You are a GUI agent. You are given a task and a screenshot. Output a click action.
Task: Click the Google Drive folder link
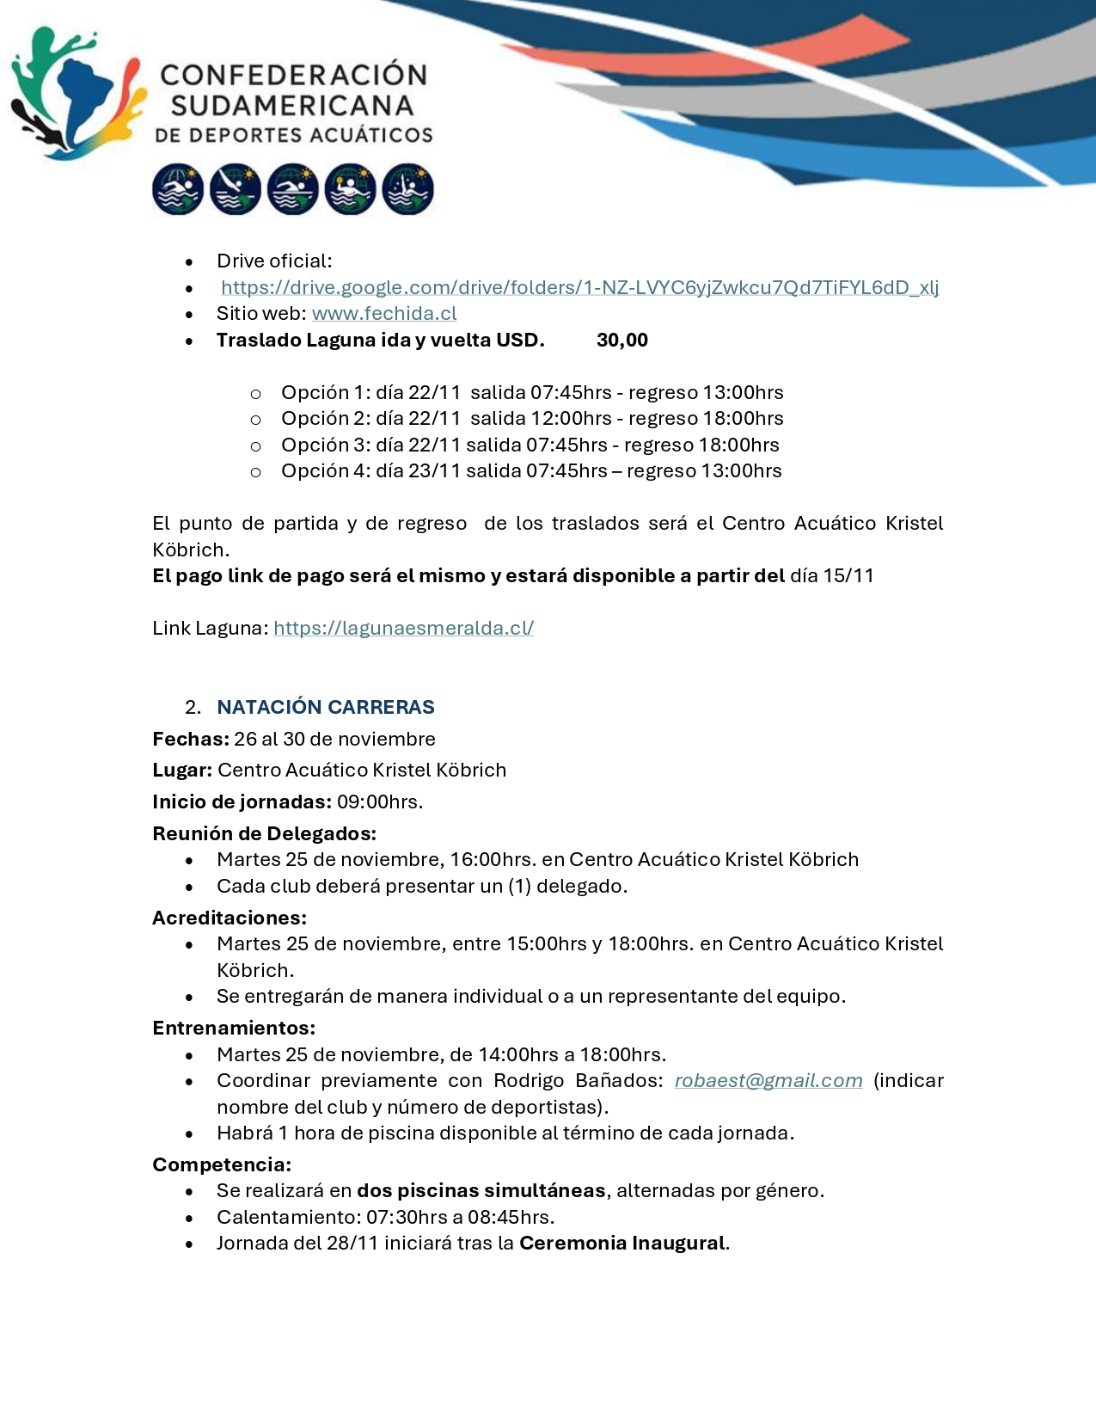[579, 287]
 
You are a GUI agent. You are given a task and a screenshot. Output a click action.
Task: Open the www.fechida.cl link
[384, 314]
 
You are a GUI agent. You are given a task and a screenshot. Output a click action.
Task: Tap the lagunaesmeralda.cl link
[403, 629]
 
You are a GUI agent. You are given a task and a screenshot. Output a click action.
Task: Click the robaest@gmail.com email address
[768, 1081]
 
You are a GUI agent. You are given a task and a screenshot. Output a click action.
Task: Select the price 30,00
[622, 341]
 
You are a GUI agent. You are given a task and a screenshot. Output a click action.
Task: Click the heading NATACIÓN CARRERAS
[326, 707]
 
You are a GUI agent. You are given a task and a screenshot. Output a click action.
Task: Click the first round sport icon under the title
[178, 189]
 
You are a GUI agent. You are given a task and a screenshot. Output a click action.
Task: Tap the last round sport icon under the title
[407, 189]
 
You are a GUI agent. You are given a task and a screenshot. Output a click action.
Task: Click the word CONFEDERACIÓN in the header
[294, 76]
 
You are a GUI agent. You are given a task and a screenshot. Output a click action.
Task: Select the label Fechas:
[191, 740]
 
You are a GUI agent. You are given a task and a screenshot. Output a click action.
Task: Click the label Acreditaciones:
[230, 918]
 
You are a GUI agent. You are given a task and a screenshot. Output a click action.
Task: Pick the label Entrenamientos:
[234, 1028]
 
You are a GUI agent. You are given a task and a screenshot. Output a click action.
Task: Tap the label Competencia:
[222, 1164]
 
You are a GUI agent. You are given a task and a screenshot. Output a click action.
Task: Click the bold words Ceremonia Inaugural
[622, 1244]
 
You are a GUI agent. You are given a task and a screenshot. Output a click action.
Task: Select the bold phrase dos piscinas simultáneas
[481, 1191]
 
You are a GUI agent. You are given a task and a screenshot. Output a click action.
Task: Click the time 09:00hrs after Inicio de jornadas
[379, 802]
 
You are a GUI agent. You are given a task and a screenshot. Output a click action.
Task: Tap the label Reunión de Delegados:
[264, 833]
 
